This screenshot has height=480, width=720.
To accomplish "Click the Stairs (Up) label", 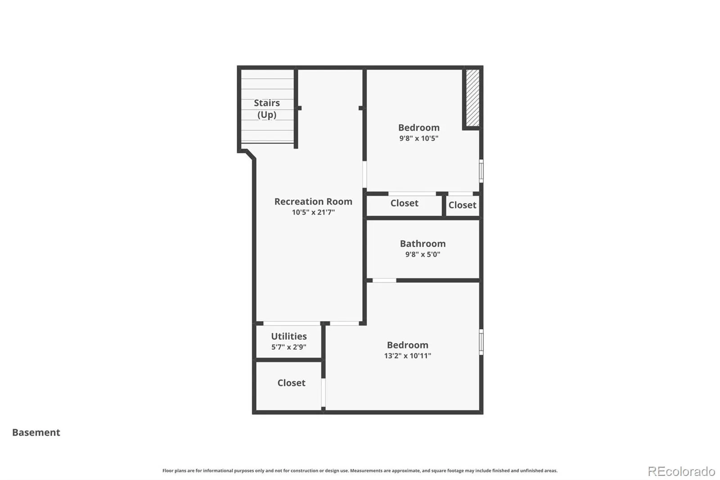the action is point(267,109).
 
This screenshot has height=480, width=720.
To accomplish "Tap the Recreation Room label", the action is point(313,201).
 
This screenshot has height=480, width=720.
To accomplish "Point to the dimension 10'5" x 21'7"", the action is point(313,213).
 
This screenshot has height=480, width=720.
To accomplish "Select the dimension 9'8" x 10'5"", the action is point(419,138).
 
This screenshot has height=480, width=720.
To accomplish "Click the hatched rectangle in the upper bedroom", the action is point(472,98).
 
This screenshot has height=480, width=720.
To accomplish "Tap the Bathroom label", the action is point(423,244).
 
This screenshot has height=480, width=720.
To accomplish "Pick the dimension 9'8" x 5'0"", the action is point(423,254).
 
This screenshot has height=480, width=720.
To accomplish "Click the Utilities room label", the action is point(288,336).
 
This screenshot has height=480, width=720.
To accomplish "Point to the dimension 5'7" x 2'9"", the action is point(288,347).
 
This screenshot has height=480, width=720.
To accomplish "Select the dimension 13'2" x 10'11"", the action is point(408,356).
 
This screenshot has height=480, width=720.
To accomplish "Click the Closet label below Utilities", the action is point(291,383).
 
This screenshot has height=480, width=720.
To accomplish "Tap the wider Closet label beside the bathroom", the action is point(405,203).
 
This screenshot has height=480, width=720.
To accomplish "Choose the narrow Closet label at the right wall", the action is point(462,205).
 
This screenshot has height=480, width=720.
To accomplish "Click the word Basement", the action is point(36,432).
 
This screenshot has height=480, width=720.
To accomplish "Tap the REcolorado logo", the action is point(681,471).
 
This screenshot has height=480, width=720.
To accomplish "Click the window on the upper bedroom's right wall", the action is point(481,171).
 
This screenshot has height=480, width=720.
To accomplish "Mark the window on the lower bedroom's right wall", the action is point(481,342).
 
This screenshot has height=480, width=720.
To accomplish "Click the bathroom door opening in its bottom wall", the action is point(384,281).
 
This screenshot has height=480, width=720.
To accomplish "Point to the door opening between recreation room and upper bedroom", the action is point(364,174).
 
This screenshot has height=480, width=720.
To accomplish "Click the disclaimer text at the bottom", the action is point(360,471).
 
